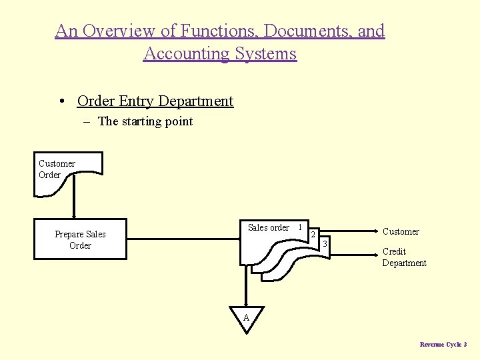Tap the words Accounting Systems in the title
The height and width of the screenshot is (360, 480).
click(220, 53)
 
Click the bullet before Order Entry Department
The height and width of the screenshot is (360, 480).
click(61, 101)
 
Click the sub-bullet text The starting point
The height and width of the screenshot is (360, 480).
click(145, 121)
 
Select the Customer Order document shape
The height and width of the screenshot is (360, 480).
click(67, 172)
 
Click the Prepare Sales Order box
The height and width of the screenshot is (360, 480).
click(80, 239)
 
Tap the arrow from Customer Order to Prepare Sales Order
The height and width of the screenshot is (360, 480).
click(73, 200)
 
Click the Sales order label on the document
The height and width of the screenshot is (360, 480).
click(268, 228)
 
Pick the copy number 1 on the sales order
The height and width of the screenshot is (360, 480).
click(300, 227)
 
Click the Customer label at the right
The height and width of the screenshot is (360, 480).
click(401, 232)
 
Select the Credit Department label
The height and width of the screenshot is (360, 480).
click(404, 257)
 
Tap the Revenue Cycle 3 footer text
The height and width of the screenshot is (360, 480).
click(443, 344)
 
